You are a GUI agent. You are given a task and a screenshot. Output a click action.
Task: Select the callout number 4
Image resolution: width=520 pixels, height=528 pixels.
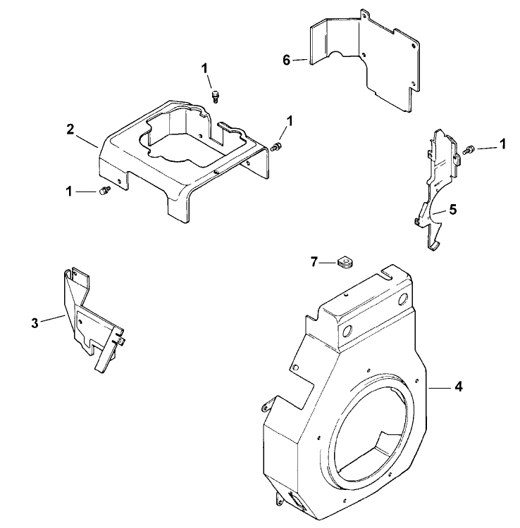pos(458,386)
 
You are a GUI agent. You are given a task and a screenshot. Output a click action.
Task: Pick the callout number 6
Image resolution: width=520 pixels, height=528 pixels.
pos(287,61)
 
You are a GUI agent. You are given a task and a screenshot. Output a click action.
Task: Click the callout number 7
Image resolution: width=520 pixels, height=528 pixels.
pos(314,262)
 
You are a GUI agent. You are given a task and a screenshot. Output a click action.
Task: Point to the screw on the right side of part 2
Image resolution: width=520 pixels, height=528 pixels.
pos(276,146)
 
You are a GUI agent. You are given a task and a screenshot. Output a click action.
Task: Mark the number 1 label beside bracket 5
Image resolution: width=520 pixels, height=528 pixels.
pos(503,144)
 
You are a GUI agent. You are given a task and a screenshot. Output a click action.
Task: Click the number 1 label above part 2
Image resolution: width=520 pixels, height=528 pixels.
pos(205,68)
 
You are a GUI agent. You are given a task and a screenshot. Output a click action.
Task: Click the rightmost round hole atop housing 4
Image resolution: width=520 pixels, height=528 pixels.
pos(404,301)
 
